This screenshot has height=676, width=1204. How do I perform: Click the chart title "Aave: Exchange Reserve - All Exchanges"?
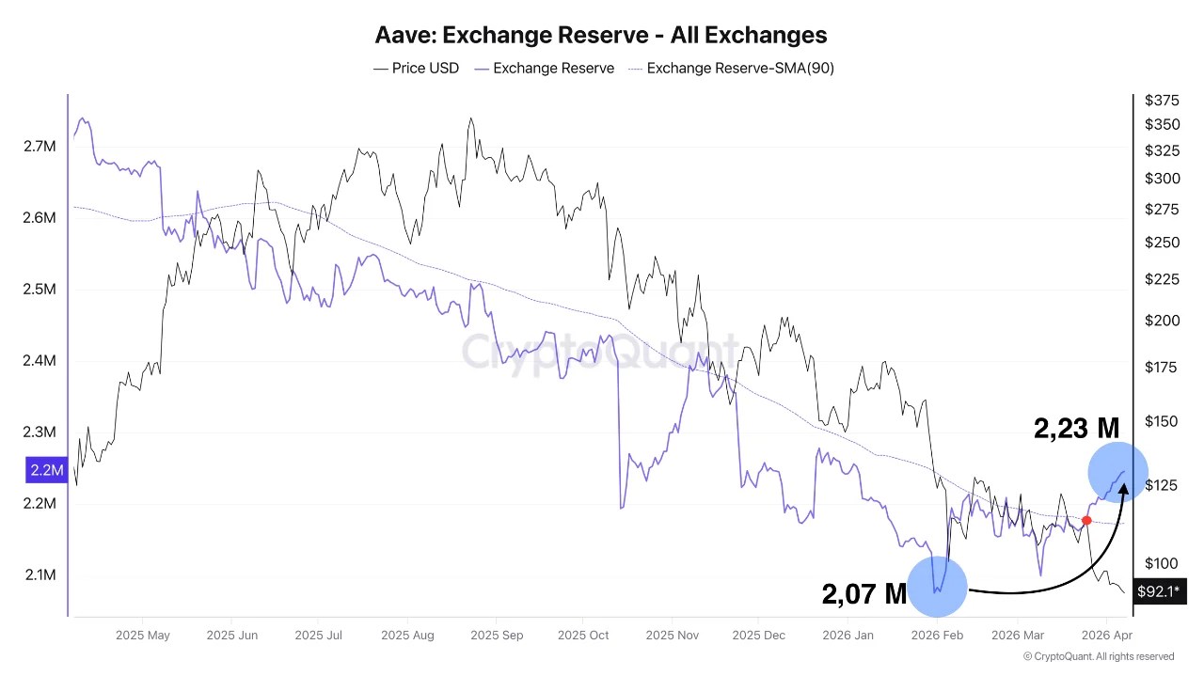point(601,36)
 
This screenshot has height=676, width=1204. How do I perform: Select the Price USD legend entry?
point(416,68)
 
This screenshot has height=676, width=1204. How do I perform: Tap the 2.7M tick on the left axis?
point(40,147)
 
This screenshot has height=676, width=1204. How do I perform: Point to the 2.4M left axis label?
point(40,361)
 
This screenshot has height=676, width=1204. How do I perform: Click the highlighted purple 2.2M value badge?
point(46,470)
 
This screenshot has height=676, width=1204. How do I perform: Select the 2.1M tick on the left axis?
point(40,575)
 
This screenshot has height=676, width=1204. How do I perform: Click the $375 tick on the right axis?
point(1162,101)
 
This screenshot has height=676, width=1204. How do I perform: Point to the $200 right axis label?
point(1162,321)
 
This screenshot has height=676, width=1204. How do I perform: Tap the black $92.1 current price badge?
point(1159,591)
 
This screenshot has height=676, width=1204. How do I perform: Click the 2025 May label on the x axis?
point(143,636)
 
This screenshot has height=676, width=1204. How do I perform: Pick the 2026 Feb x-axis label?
point(937,636)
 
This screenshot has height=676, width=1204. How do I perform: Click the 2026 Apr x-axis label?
point(1107,636)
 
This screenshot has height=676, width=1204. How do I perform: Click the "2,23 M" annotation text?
point(1076,429)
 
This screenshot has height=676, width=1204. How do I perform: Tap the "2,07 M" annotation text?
point(863,593)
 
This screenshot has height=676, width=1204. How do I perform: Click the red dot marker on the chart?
point(1086,521)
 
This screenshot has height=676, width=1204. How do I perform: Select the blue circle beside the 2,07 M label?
point(937,587)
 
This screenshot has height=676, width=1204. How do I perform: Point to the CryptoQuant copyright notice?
point(1098,656)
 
